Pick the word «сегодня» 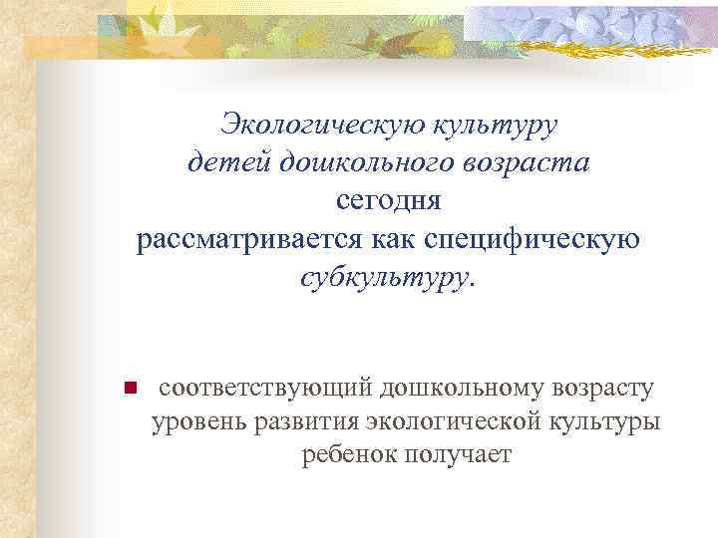click(x=388, y=201)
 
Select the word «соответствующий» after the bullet click(x=265, y=386)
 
